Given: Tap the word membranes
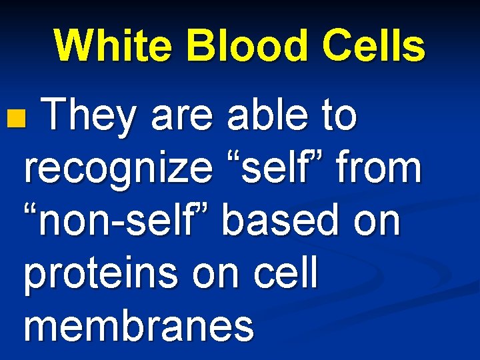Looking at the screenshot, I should [139, 326].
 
